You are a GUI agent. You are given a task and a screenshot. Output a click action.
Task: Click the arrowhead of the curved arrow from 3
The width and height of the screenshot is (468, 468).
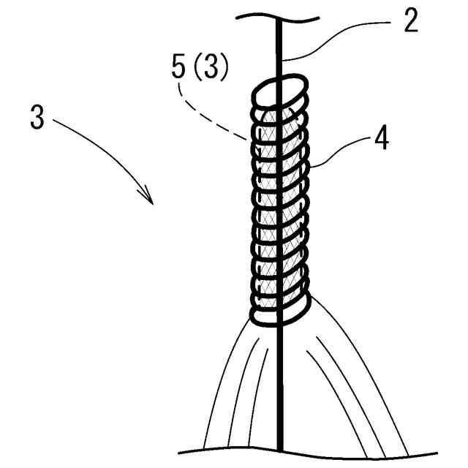click(x=149, y=197)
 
